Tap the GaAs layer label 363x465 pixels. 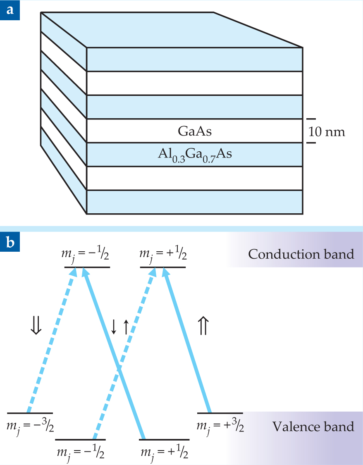point(195,131)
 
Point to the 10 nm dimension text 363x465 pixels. point(327,132)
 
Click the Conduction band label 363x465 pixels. point(301,254)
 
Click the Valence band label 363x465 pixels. point(313,426)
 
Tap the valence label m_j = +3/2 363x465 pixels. point(220,426)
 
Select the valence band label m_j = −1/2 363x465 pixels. point(80,452)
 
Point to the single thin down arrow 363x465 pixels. point(114,327)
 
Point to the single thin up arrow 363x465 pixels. point(126,327)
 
